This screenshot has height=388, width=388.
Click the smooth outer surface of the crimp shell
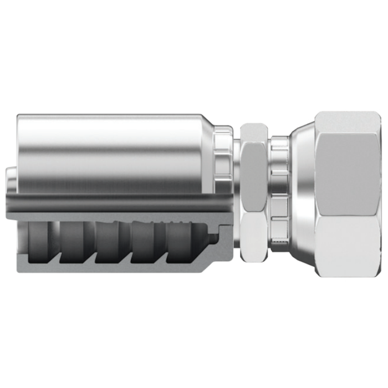(111, 147)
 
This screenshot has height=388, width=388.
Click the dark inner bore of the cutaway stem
(111, 205)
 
